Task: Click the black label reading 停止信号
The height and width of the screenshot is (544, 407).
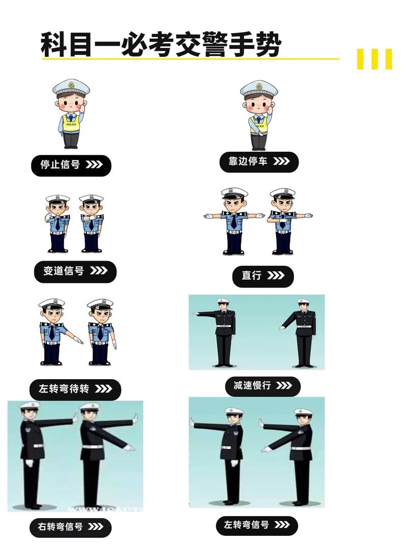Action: [x=71, y=165]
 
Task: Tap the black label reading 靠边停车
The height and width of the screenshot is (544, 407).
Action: [x=259, y=162]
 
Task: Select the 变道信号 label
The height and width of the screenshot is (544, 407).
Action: [x=75, y=271]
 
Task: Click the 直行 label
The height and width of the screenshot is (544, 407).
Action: [x=263, y=276]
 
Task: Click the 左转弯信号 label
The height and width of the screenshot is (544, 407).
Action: [x=256, y=525]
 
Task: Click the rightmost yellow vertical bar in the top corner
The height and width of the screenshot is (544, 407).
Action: [x=389, y=59]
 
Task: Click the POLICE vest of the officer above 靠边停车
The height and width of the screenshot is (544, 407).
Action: [x=259, y=124]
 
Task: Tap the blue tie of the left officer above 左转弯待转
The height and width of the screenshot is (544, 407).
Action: [x=52, y=333]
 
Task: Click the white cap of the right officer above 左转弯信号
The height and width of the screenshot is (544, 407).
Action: [x=304, y=412]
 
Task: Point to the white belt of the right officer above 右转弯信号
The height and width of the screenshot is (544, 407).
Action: [x=92, y=447]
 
